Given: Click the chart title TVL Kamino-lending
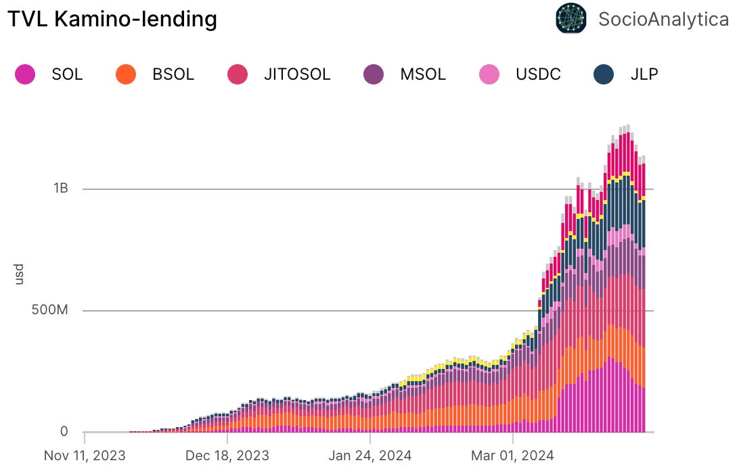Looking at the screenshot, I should pyautogui.click(x=112, y=19).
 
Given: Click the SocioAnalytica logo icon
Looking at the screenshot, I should pyautogui.click(x=570, y=18).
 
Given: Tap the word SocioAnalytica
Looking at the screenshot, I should pyautogui.click(x=663, y=19).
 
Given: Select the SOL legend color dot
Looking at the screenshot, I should pyautogui.click(x=25, y=74).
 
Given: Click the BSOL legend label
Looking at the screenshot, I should pyautogui.click(x=173, y=74).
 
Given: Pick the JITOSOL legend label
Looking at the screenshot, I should pyautogui.click(x=298, y=74).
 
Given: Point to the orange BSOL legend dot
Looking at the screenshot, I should pyautogui.click(x=126, y=74).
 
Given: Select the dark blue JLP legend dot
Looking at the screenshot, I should pyautogui.click(x=604, y=74).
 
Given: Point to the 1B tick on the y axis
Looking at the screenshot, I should pyautogui.click(x=60, y=189).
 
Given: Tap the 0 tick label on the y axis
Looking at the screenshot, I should pyautogui.click(x=64, y=431).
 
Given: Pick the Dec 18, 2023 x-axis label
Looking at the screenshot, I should pyautogui.click(x=227, y=455).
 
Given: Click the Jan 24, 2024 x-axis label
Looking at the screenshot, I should pyautogui.click(x=370, y=455).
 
